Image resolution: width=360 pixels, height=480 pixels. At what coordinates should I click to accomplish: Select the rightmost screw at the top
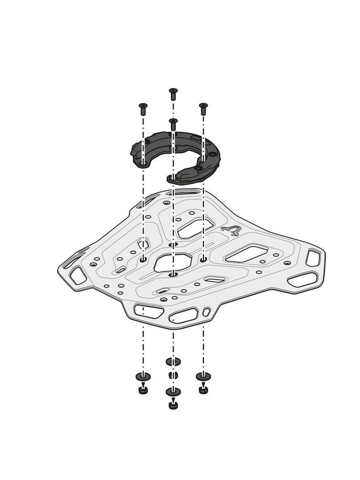click(203, 108)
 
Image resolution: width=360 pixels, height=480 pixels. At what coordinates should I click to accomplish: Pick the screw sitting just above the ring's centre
click(173, 123)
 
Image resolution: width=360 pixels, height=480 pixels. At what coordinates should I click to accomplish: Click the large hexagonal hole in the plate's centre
click(173, 262)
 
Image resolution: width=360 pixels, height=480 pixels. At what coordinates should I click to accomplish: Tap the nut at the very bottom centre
click(173, 405)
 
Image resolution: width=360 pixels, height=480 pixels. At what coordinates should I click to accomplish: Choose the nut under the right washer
click(203, 389)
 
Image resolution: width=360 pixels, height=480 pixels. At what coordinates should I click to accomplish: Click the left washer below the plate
click(143, 376)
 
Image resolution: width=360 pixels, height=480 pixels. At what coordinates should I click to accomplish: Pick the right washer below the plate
click(203, 376)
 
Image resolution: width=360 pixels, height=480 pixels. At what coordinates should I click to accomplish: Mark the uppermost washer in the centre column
click(173, 361)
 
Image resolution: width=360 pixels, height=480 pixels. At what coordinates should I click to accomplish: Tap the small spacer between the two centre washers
click(173, 375)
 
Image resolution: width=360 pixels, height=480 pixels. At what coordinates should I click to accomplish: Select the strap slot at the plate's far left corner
click(77, 275)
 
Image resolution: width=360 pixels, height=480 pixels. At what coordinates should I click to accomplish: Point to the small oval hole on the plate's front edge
click(206, 312)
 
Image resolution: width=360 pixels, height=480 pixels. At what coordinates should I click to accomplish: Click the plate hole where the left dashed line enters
click(143, 259)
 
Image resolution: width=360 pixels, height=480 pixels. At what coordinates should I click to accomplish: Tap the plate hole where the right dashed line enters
click(203, 259)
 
